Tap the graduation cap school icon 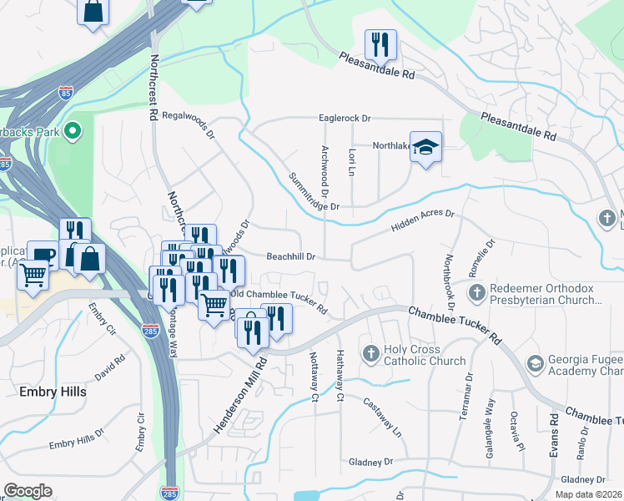click(425, 147)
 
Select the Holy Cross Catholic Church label click(424, 355)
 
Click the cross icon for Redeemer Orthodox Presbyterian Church click(476, 292)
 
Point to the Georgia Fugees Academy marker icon click(535, 364)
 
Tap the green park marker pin click(72, 130)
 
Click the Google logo click(28, 491)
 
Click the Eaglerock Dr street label click(344, 119)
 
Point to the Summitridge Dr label click(314, 191)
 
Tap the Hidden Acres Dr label click(422, 222)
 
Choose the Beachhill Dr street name click(290, 257)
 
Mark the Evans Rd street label click(552, 434)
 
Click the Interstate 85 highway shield click(63, 91)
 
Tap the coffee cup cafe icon click(43, 256)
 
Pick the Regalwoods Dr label click(189, 125)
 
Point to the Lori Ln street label click(352, 162)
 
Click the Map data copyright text click(587, 494)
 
